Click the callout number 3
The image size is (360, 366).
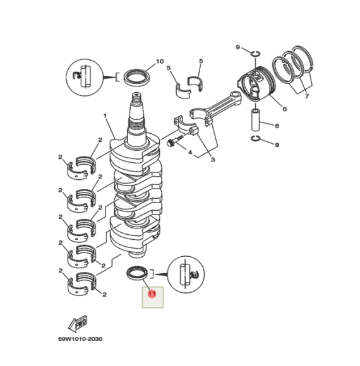click(212, 160)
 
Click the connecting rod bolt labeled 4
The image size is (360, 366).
click(172, 143)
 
